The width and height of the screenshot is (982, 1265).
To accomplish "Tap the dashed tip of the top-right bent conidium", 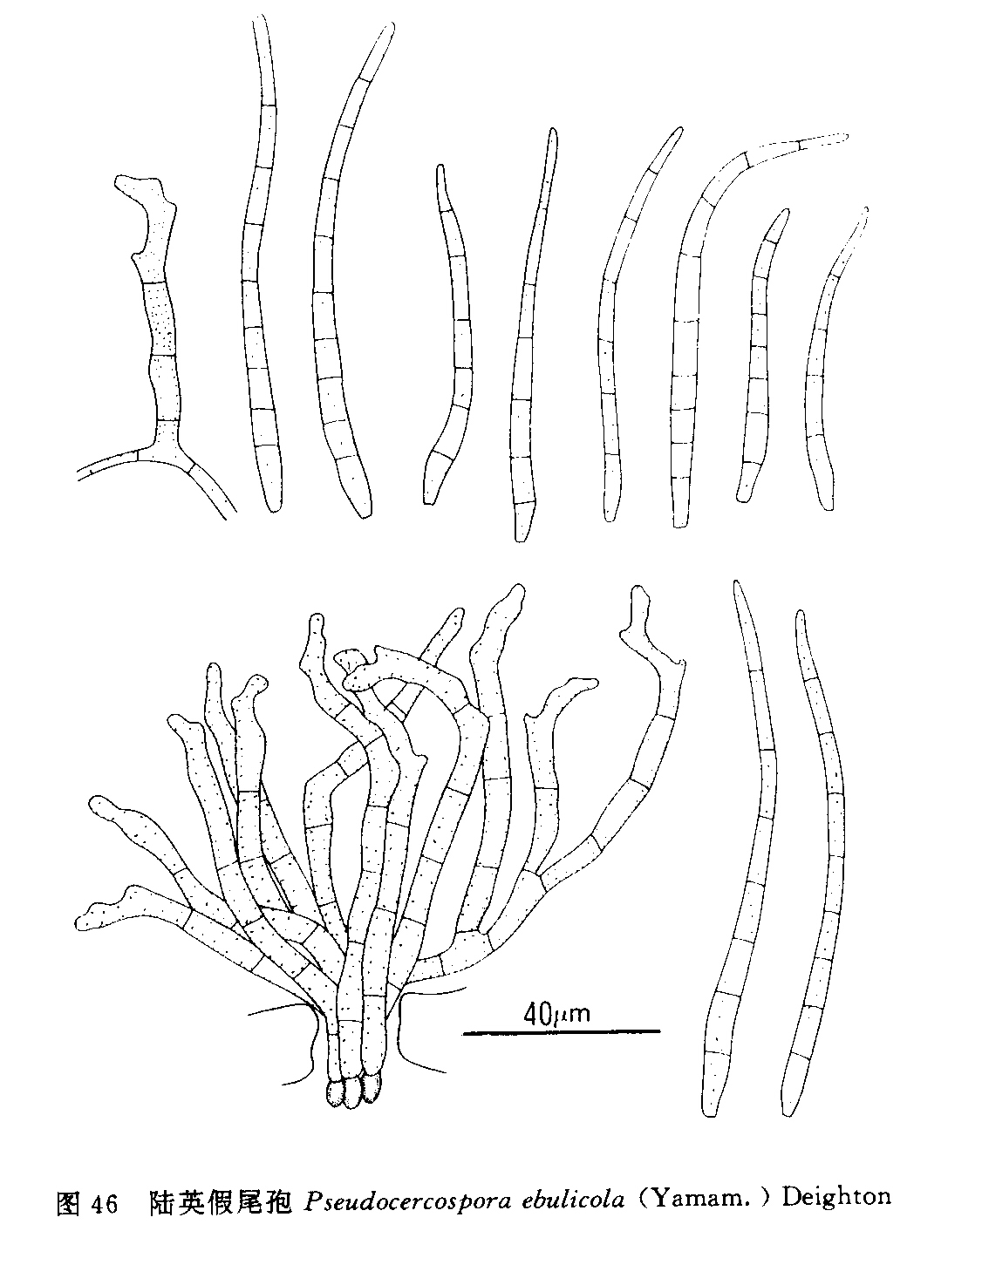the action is [823, 140].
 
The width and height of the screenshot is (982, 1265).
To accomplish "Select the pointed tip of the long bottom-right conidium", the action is [736, 582].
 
